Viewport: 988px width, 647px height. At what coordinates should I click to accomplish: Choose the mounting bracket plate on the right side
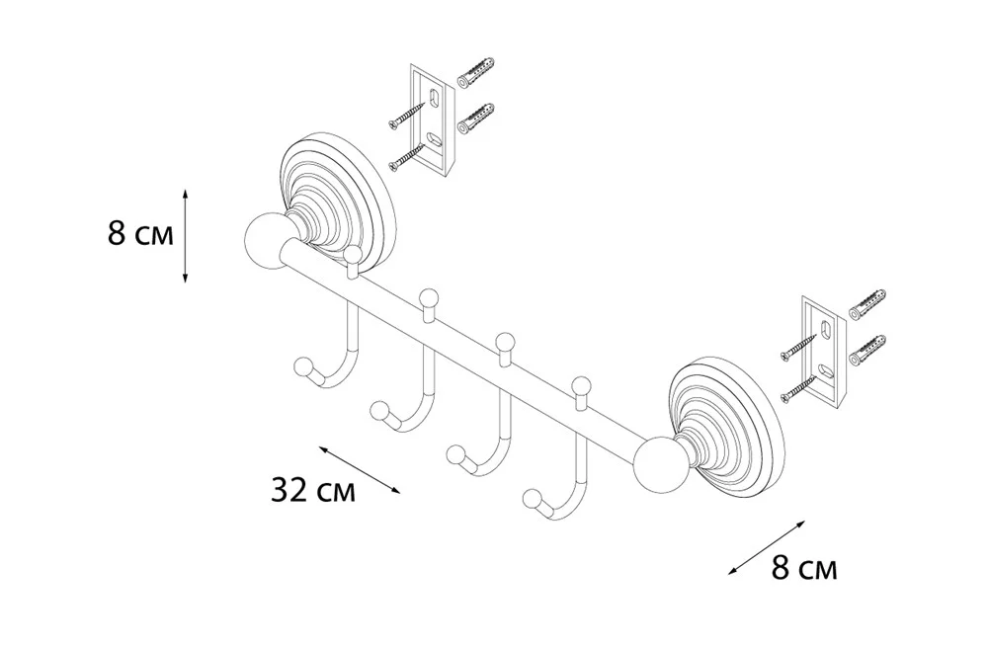click(821, 352)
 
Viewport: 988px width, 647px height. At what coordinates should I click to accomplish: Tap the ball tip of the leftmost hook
click(304, 368)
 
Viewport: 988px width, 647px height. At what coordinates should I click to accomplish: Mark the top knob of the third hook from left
click(505, 343)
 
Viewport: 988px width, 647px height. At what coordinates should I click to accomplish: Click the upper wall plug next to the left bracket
click(475, 71)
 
